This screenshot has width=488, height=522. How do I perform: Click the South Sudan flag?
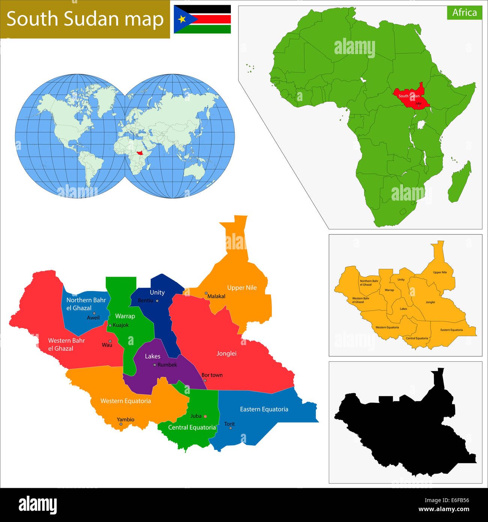(x=202, y=19)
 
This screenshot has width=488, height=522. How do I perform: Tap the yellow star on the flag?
(x=182, y=19)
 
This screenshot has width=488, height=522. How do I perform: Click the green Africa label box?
(x=464, y=12)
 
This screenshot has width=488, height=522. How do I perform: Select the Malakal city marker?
(x=206, y=293)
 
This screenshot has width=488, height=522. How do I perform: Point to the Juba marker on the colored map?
(x=205, y=416)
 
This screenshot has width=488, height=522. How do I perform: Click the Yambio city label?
(x=125, y=419)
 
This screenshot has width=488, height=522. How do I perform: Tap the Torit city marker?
(x=230, y=428)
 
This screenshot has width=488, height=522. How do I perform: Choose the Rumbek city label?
(x=167, y=365)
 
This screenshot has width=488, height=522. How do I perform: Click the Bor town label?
(x=212, y=375)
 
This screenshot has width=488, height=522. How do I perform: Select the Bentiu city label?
(x=146, y=300)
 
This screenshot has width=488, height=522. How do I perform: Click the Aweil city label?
(x=93, y=318)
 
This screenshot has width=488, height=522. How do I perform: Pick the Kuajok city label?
(x=121, y=325)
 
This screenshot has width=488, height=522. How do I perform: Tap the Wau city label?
(x=107, y=345)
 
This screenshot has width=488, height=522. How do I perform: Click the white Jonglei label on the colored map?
(x=226, y=353)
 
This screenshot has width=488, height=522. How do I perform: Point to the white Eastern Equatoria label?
(x=264, y=409)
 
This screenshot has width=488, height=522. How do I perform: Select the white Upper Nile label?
(x=242, y=288)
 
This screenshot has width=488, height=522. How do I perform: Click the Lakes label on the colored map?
(x=152, y=356)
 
